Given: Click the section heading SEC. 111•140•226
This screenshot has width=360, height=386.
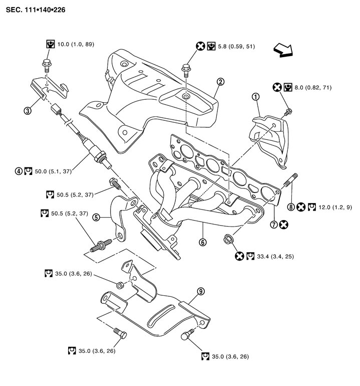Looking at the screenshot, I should (36, 10).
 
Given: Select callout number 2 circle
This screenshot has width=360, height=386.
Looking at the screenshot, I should (220, 81).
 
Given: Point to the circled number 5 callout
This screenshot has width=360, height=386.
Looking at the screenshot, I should (97, 218).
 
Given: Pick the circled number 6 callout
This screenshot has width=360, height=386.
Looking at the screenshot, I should (203, 242).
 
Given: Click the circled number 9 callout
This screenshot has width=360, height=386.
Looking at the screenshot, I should (200, 291).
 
